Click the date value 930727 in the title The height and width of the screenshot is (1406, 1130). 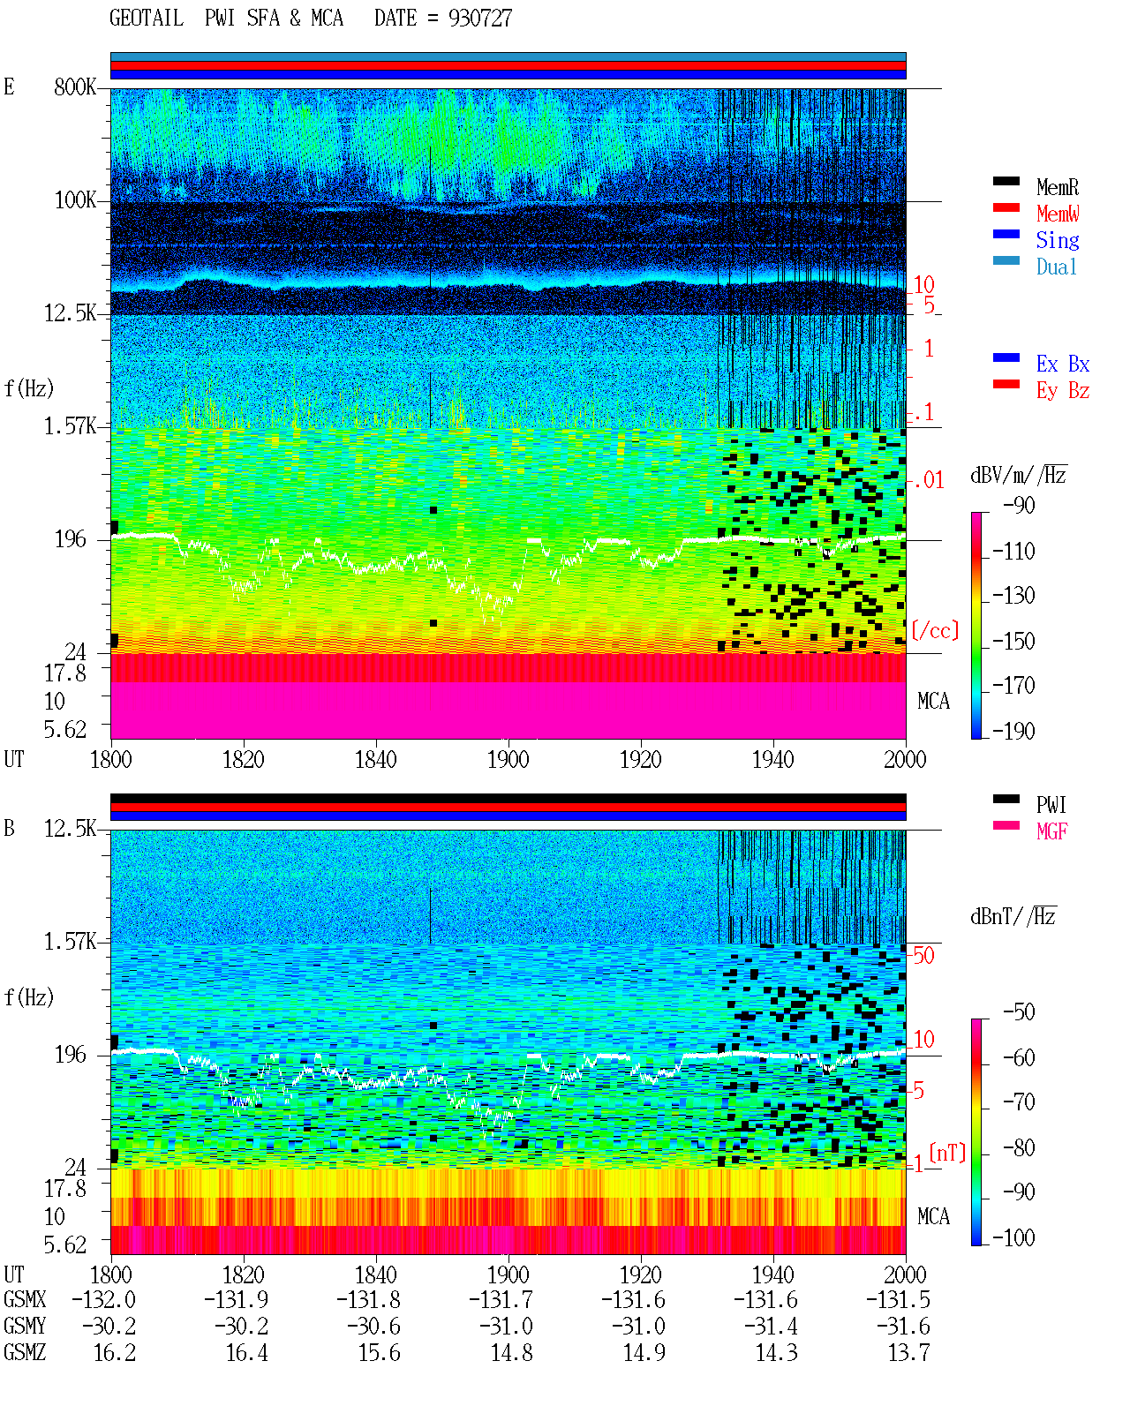tap(479, 19)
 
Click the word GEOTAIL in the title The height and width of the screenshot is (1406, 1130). tap(147, 19)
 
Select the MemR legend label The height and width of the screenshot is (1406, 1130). tap(1057, 187)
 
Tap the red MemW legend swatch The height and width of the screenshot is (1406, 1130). tap(1006, 207)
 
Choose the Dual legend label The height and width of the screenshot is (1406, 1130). tap(1056, 267)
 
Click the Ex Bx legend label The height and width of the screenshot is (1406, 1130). tap(1063, 364)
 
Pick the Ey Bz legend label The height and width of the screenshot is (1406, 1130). tap(1063, 390)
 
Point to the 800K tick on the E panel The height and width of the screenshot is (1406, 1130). tap(75, 86)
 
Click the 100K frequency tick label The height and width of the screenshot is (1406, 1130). tap(75, 200)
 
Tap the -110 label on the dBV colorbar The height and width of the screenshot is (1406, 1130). tap(1013, 552)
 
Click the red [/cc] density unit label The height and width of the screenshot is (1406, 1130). tap(935, 630)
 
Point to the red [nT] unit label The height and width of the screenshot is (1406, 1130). tap(947, 1153)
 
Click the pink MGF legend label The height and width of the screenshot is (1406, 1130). tap(1051, 831)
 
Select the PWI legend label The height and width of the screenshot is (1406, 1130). tap(1051, 804)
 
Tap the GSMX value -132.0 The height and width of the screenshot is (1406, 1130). tap(103, 1299)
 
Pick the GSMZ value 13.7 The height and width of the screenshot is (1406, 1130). tap(908, 1352)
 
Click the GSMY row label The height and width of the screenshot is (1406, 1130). tap(25, 1326)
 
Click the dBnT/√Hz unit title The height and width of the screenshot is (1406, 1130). tap(1013, 917)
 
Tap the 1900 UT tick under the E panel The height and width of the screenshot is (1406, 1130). tap(508, 759)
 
